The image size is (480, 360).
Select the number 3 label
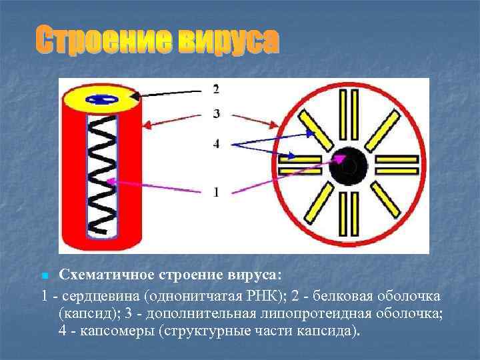(x=216, y=114)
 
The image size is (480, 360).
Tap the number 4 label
(x=216, y=143)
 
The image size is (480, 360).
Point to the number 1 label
(x=216, y=192)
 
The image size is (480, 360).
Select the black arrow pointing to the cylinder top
(x=167, y=93)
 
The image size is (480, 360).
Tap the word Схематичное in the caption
(x=107, y=275)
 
